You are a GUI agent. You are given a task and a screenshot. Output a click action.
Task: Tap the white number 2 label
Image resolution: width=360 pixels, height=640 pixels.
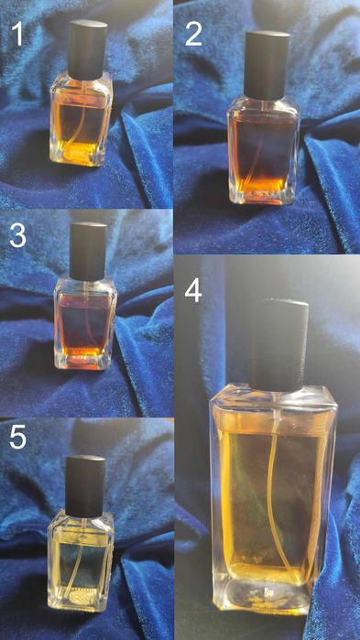click(193, 36)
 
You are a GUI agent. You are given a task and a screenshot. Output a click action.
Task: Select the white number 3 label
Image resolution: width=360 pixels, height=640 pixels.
click(16, 237)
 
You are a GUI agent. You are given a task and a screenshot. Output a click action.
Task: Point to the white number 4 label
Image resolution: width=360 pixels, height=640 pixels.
click(192, 292)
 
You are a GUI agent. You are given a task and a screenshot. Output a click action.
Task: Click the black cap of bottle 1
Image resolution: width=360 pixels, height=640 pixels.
click(88, 49)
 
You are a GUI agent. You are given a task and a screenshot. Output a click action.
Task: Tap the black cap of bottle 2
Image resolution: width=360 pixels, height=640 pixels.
click(267, 64)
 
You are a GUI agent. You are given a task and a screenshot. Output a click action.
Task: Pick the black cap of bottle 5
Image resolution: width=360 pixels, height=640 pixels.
click(87, 483)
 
